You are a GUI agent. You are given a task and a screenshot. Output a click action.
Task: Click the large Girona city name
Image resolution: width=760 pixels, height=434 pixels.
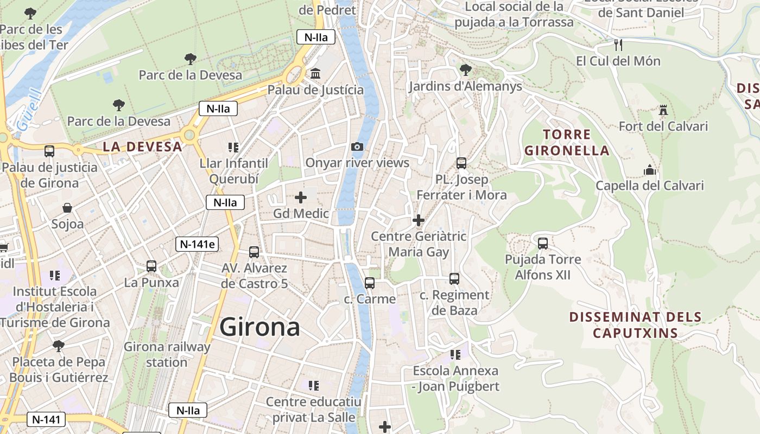tap(259, 327)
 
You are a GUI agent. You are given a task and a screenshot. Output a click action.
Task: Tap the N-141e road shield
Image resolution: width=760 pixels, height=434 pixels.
tap(198, 244)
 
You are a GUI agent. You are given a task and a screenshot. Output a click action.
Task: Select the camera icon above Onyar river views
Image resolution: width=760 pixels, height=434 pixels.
tap(357, 146)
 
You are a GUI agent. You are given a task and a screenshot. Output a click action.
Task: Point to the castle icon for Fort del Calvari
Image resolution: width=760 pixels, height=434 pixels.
tap(663, 110)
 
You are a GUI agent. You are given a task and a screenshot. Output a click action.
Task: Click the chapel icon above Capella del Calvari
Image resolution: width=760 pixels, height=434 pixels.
tap(650, 170)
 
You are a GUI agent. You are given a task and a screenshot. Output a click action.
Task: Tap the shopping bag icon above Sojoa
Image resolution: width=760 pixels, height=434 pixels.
tap(67, 208)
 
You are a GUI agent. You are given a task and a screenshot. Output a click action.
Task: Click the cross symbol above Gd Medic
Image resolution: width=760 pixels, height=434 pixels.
tap(301, 197)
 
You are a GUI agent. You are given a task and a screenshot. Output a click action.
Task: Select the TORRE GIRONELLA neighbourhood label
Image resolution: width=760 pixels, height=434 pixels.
tap(567, 142)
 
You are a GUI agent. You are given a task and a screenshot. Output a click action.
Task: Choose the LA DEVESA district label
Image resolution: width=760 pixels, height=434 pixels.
tap(142, 146)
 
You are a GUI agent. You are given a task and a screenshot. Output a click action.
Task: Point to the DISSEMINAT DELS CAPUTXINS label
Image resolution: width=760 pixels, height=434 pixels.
tap(635, 324)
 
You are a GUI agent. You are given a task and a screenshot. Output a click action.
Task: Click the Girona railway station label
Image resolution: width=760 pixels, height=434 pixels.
tap(167, 354)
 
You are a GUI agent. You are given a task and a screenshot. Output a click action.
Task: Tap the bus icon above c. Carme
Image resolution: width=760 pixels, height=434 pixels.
tap(370, 283)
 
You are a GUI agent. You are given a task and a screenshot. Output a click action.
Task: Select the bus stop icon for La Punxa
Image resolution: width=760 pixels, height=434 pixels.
tap(151, 266)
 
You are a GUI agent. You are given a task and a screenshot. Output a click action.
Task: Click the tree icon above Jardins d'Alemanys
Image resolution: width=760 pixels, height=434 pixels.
tap(465, 69)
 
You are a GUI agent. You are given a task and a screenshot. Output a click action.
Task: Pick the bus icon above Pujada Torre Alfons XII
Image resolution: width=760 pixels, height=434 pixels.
tap(543, 243)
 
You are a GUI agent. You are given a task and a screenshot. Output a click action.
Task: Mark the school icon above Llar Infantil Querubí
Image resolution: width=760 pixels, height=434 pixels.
tap(233, 147)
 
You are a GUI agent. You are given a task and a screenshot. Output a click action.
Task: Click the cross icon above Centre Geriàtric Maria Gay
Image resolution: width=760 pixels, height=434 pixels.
tap(418, 220)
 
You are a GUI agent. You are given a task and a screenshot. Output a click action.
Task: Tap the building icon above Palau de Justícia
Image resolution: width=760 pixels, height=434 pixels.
tap(315, 73)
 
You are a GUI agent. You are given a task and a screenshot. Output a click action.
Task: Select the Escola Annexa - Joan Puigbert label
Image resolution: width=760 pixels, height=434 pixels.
tap(455, 379)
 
